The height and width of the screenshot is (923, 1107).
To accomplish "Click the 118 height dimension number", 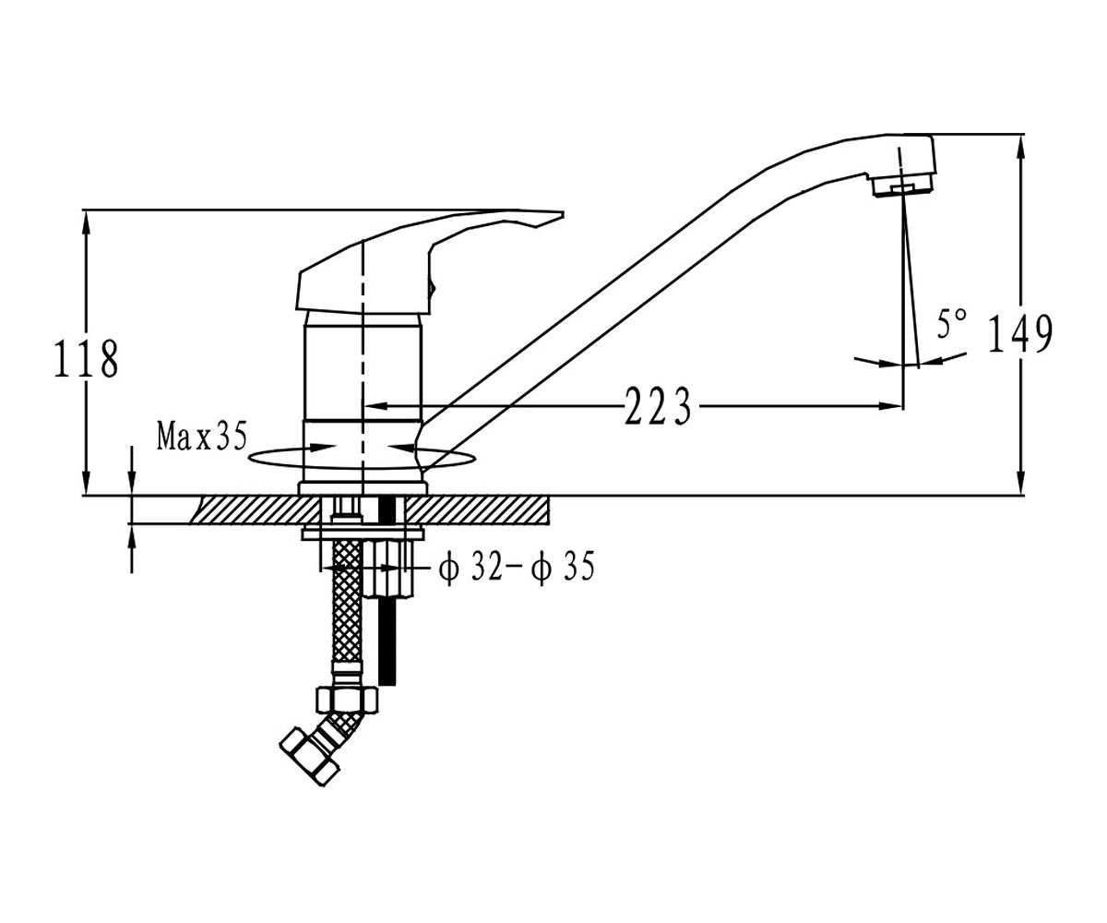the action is point(87,359).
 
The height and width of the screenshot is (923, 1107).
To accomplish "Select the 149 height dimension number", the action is point(1020,333).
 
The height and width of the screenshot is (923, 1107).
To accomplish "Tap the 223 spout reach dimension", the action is point(658,406).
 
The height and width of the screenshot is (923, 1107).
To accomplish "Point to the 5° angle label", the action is point(951,324).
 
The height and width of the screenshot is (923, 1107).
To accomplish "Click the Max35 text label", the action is point(202,436).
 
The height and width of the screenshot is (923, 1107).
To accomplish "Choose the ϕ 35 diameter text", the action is point(562,567).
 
